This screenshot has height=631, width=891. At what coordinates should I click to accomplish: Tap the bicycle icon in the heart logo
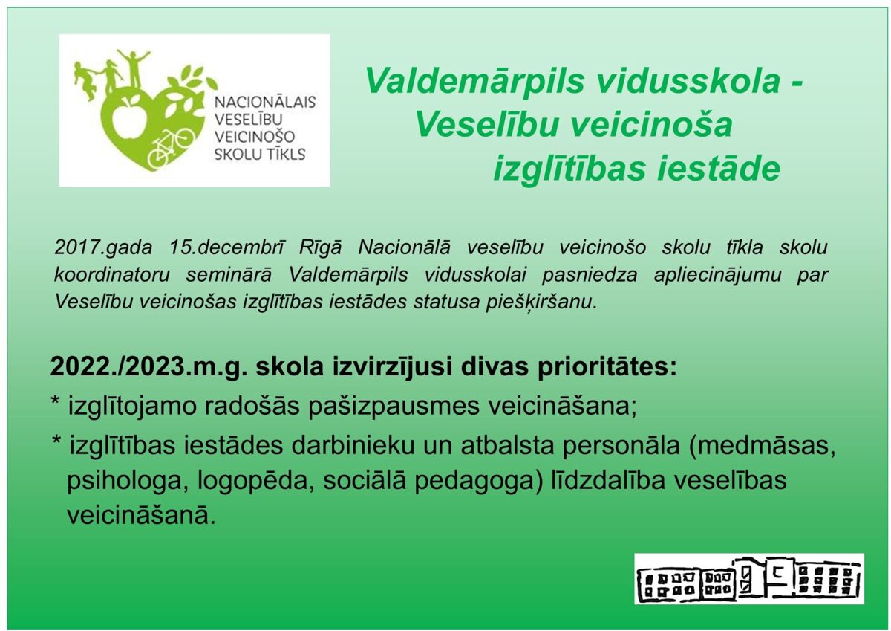(170, 148)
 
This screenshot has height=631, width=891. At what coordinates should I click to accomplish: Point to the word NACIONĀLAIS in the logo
(265, 103)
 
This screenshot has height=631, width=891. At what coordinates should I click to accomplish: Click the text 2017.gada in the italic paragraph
(103, 248)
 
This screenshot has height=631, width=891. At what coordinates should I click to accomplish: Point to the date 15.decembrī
(226, 247)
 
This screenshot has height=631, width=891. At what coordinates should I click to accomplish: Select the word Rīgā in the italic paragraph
(320, 248)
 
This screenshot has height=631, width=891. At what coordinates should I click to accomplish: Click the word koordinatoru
(112, 275)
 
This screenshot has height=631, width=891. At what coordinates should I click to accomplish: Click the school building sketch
(748, 579)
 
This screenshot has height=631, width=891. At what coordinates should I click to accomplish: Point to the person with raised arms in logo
(134, 68)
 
